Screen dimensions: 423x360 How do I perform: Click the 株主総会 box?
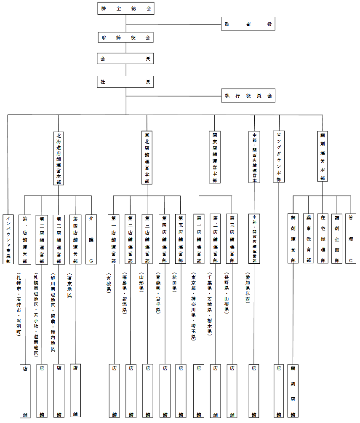pos(125,8)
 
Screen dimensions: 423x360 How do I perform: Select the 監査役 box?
pos(248,24)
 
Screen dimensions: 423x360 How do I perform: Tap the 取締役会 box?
pos(125,37)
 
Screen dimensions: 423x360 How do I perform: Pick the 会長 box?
pos(125,59)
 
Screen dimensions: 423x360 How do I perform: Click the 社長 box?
pos(125,81)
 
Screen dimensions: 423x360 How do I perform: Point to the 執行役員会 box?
pos(248,96)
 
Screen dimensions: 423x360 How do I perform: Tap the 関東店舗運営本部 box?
pos(215,157)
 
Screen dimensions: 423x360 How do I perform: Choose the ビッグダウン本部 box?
pos(278,156)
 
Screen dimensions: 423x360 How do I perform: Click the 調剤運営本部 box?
pos(323,156)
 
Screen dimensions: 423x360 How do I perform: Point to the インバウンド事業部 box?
pos(8,239)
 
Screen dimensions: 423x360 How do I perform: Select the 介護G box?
pos(91,239)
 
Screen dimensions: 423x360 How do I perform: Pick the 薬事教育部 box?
pos(309,239)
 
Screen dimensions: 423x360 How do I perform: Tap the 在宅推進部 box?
pos(323,239)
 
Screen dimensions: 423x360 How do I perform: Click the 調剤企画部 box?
pos(337,239)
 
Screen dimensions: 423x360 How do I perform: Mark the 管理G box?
pos(350,239)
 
